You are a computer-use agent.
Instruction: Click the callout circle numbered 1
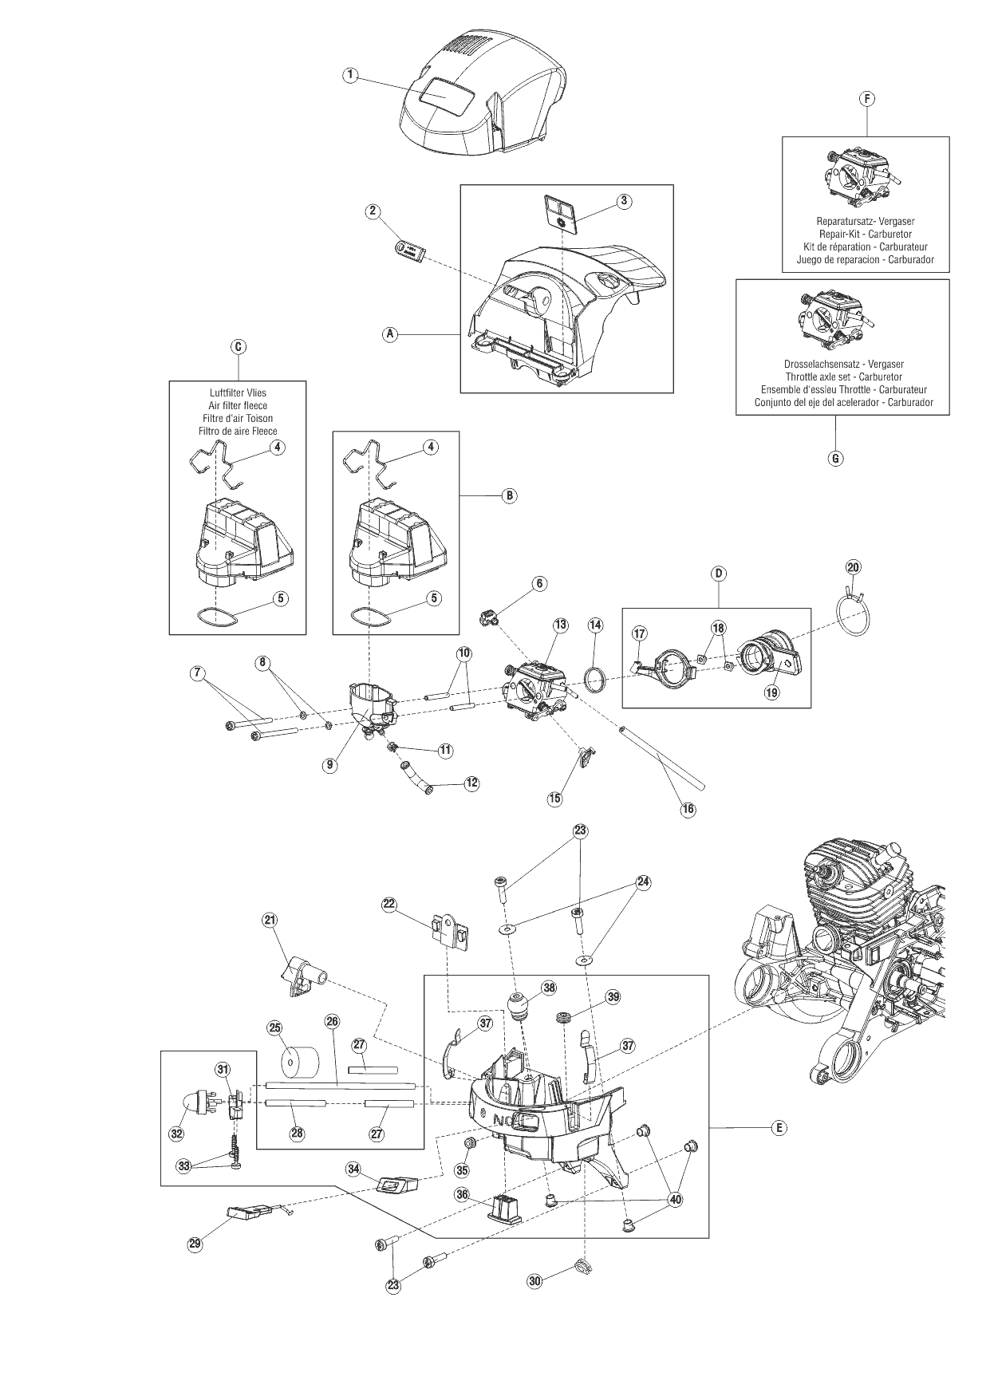pos(350,75)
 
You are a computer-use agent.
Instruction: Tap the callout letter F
pos(867,99)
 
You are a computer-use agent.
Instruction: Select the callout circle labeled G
pos(835,459)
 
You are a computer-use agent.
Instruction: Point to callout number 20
pos(853,567)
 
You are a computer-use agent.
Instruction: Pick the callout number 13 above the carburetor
pos(560,625)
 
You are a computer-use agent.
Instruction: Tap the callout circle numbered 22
pos(389,904)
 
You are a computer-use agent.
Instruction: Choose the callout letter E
pos(779,1127)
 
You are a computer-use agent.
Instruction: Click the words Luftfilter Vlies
pos(237,392)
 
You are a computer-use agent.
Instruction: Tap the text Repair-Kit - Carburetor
pos(866,234)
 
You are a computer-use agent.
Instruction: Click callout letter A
pos(390,335)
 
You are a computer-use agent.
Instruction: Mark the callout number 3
pos(625,201)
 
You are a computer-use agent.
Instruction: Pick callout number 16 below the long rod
pos(688,809)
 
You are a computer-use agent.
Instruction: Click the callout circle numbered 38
pos(549,987)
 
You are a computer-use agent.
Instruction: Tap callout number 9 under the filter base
pos(329,764)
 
